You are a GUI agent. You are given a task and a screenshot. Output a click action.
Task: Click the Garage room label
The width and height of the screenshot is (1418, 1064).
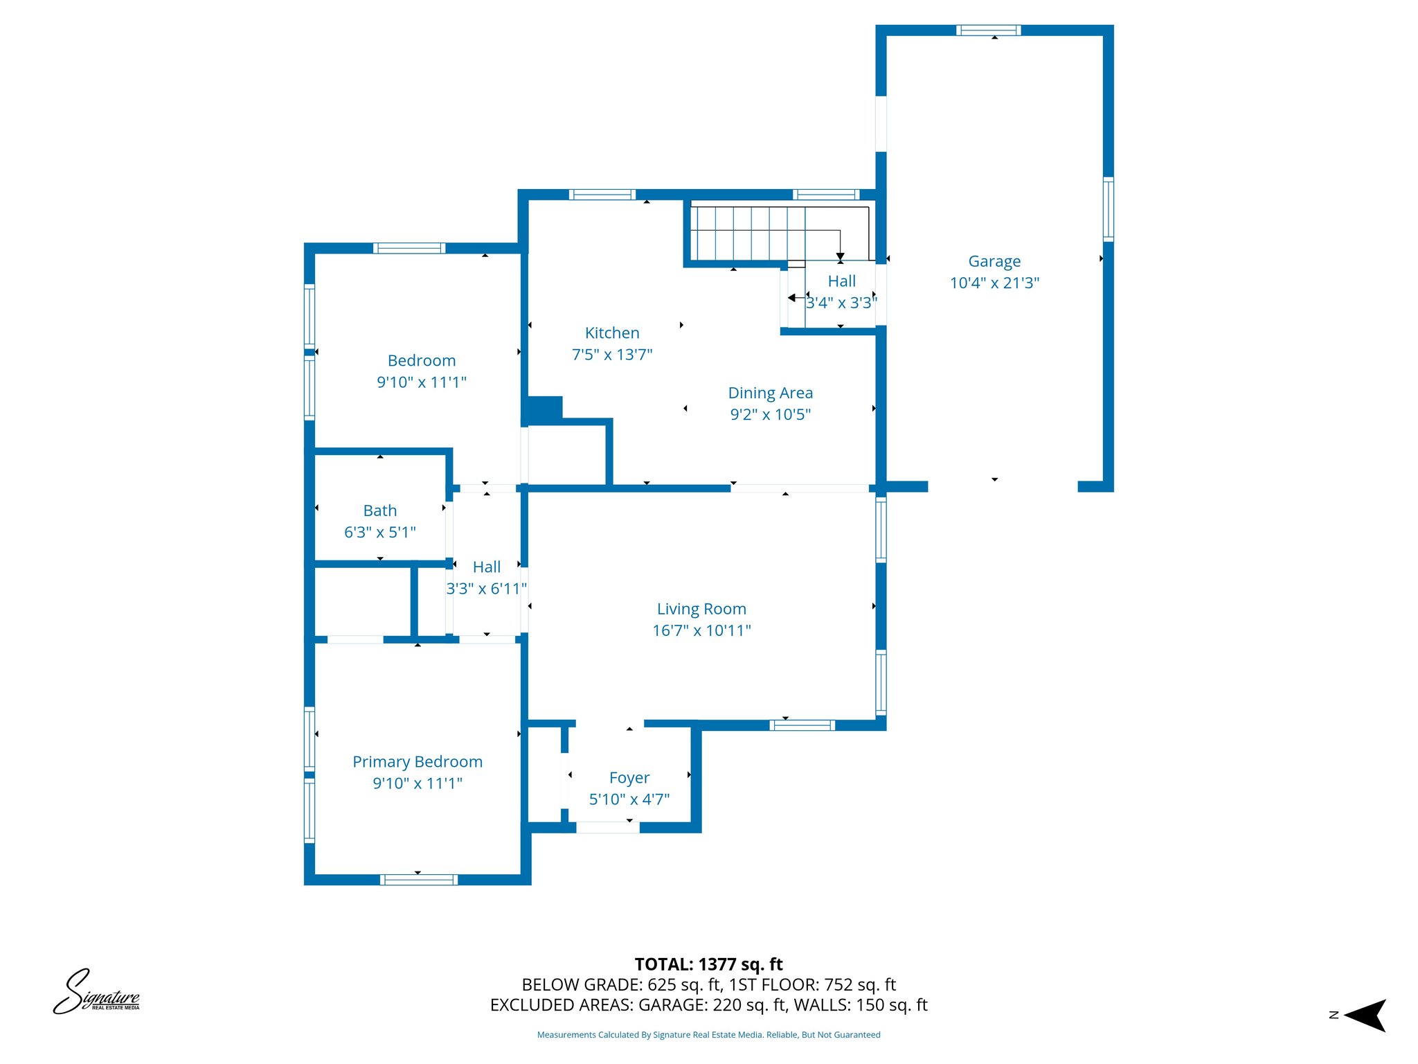994,261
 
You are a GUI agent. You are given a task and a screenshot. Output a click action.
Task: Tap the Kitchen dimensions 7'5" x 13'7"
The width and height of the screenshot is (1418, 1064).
611,355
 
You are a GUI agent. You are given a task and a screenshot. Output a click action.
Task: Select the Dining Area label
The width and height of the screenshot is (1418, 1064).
770,393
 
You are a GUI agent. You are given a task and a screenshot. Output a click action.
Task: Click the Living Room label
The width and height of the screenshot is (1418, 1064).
701,609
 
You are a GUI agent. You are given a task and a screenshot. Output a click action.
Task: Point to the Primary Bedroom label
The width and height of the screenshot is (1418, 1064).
417,761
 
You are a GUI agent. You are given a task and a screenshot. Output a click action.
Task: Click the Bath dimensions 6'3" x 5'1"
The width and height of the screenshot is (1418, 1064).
379,532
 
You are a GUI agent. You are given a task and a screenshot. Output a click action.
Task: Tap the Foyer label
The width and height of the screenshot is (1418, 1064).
629,777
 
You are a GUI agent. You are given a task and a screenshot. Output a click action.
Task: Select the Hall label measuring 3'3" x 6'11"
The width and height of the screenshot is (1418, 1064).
486,567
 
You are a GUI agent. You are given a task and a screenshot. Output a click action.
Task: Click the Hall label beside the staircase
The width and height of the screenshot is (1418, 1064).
841,281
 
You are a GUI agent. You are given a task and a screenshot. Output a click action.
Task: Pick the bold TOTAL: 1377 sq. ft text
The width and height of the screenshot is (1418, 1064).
708,964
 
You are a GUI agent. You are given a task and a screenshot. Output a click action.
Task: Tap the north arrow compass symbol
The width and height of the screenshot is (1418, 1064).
1363,1016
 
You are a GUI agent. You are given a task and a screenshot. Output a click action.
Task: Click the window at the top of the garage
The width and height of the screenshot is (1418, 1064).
988,30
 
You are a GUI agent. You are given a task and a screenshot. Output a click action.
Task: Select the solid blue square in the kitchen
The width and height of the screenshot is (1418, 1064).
544,409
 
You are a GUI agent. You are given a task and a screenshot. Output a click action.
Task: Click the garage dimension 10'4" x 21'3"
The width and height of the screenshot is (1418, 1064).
994,283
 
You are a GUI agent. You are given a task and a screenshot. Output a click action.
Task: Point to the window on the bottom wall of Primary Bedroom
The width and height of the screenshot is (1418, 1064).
418,880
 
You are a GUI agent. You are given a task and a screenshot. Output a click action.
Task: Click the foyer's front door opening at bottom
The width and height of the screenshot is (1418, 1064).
607,827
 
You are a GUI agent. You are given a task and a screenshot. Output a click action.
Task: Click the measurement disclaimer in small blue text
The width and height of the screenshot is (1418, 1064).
708,1035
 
